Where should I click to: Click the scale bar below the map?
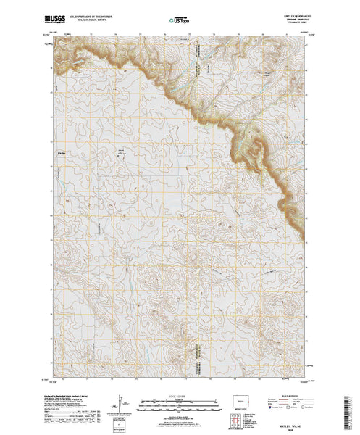click(177, 400)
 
